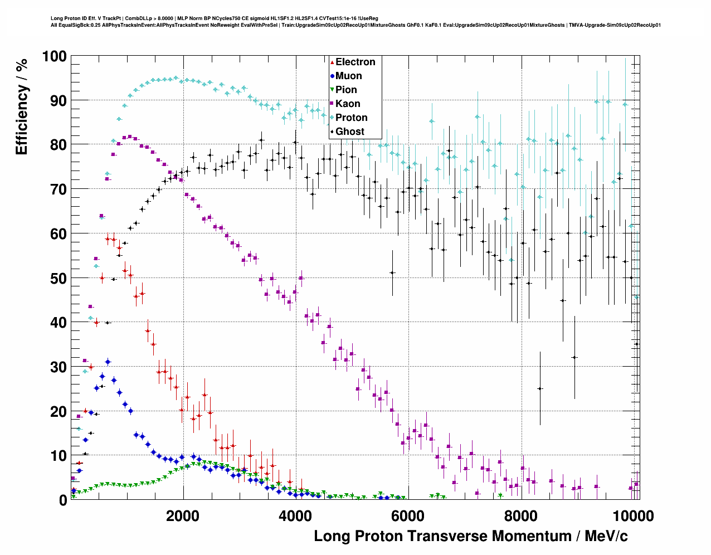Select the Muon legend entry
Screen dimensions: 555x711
click(x=348, y=76)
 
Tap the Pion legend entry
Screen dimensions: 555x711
click(x=346, y=90)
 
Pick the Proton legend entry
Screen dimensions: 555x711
click(x=351, y=118)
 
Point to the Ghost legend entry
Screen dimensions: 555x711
click(x=349, y=132)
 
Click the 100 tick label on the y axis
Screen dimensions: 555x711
click(x=54, y=56)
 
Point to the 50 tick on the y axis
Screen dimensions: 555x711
click(x=59, y=278)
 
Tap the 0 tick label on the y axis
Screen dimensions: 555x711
click(x=63, y=500)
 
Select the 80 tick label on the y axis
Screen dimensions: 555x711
click(x=59, y=145)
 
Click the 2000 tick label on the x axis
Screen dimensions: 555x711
click(x=183, y=515)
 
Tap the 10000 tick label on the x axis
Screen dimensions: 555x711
click(x=632, y=515)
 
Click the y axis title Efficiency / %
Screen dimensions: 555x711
click(x=22, y=107)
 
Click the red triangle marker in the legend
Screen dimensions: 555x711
click(x=332, y=62)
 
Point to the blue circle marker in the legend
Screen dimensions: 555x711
click(x=332, y=76)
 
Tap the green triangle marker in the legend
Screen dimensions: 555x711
click(x=332, y=90)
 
